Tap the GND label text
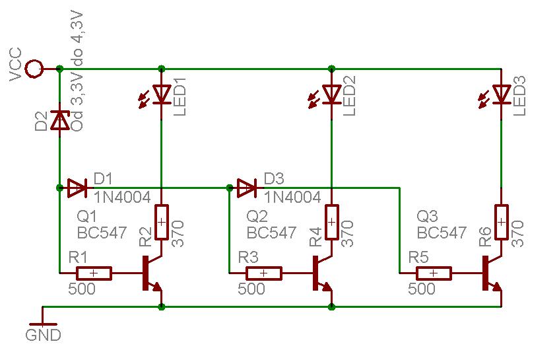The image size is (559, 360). pos(44,335)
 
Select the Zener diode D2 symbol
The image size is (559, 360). pos(59,120)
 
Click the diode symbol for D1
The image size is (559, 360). pos(77,188)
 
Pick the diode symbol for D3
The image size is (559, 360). pos(247,188)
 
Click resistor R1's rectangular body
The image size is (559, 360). pos(94,273)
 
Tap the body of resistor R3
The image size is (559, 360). pos(264,273)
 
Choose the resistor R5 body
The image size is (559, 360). pos(434,273)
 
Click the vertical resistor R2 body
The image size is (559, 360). pos(162,222)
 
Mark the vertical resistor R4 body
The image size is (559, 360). pos(331,222)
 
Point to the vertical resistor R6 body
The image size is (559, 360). pos(501,222)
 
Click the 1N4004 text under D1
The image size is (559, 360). pos(122,197)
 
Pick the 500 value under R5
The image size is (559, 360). pos(421,289)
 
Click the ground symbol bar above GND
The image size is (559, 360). pos(43,324)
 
